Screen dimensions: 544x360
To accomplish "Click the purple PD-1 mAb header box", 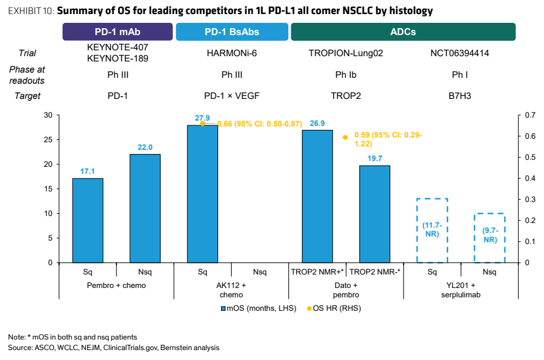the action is point(118,32).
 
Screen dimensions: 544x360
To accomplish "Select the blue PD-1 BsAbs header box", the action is point(232,32).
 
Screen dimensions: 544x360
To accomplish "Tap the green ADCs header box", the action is point(403,32).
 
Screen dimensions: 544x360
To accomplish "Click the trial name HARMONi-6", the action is point(232,53).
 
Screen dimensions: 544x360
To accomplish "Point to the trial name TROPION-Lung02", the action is point(346,53).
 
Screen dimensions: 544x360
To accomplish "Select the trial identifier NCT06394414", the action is point(460,53).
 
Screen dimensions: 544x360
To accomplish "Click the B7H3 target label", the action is point(460,96).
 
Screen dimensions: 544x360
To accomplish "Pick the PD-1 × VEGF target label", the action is point(232,96).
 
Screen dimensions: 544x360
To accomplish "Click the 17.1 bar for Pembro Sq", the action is point(88,221).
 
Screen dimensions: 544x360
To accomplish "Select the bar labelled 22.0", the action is point(145,208).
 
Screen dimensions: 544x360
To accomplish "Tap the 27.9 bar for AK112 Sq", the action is point(202,194).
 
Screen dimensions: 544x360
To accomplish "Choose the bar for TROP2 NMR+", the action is point(318,197).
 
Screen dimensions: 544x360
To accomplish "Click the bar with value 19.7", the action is point(375,214).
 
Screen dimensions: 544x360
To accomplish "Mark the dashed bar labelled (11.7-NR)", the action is point(417,231).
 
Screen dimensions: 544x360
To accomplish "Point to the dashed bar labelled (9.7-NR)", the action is point(474,238).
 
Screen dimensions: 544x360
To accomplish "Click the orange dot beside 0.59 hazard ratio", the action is point(345,138).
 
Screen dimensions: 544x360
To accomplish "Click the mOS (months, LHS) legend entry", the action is point(259,308).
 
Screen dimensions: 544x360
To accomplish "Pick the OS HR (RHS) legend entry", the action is point(334,308).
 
